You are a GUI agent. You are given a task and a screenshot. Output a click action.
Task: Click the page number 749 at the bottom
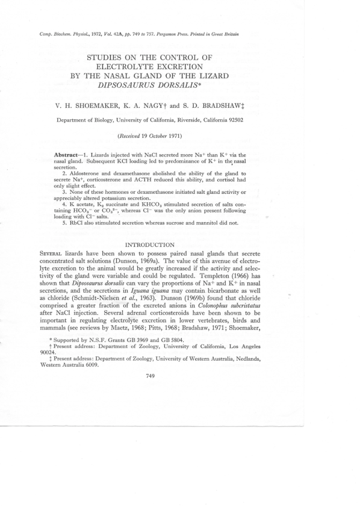151,376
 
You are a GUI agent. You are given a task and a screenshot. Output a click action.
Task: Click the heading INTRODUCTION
149,245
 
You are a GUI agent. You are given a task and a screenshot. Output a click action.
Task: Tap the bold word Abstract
67,155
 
